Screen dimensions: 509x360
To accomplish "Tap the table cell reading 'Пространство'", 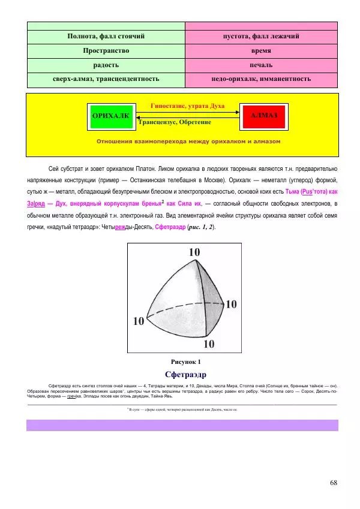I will coord(106,51).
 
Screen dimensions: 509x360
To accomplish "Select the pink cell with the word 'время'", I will coord(261,51).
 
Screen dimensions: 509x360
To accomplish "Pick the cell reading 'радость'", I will coord(106,65).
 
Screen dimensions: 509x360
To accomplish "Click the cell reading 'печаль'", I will coord(261,65).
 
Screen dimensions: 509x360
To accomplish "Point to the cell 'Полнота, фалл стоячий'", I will coord(106,37).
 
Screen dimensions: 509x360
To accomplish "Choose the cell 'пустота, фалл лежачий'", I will coord(261,37).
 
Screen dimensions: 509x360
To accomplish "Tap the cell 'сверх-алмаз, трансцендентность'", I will coord(106,79).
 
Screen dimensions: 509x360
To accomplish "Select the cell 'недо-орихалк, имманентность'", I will coord(261,79).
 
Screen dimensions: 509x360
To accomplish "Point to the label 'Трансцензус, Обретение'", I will coord(175,122).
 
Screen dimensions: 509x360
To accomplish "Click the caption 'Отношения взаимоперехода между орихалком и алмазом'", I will coord(188,141).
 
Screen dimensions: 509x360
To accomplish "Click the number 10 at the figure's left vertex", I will coord(139,321).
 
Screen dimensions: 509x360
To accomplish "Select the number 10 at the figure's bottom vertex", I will coord(208,344).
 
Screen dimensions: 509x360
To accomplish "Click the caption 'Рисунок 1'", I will coord(186,362).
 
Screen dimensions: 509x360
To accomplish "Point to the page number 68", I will coord(334,482).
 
